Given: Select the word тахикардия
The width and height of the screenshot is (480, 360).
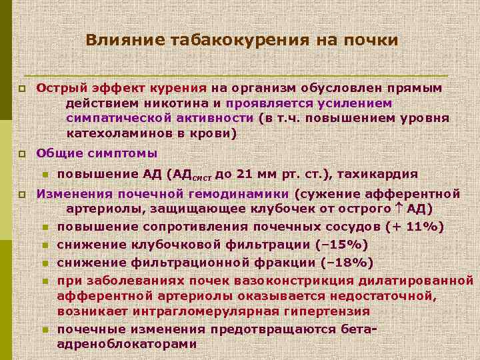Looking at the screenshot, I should pos(378,175).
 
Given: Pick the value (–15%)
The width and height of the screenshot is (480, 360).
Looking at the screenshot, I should pos(343,244).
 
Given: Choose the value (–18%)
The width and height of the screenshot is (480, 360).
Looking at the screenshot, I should pos(347,261).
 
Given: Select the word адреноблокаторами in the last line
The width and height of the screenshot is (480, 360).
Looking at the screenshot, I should pos(127,345).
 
